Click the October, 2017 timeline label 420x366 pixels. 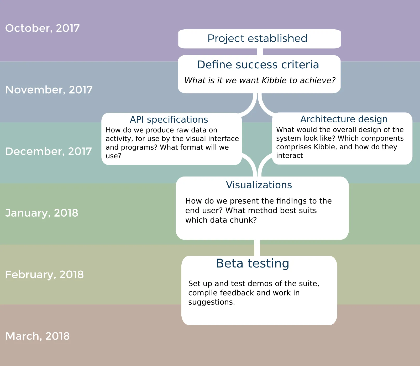tap(42, 28)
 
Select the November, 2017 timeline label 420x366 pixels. tap(49, 90)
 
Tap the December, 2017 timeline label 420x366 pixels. tap(49, 151)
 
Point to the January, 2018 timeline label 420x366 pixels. tap(42, 213)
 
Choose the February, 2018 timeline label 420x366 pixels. tap(44, 275)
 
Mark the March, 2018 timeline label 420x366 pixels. tap(38, 336)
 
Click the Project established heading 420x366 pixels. tap(257, 39)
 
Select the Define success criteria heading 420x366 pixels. tap(258, 65)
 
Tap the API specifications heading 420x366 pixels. tap(169, 119)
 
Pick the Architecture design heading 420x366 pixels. tap(344, 119)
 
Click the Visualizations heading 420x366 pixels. tap(259, 185)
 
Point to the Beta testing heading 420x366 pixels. tap(253, 263)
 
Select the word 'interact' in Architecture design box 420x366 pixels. tap(289, 156)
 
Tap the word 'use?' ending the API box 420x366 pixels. tap(113, 156)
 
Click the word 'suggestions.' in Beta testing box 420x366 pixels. tap(211, 302)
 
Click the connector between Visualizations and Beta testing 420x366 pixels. tap(257, 248)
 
